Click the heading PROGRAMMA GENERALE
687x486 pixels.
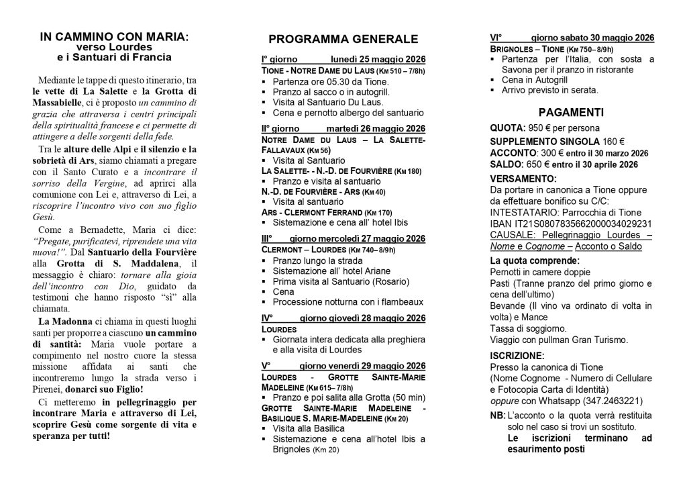tap(343, 39)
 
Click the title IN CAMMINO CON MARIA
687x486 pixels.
tap(113, 38)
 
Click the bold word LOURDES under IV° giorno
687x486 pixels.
tap(279, 330)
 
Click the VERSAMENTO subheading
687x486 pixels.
tap(523, 179)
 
